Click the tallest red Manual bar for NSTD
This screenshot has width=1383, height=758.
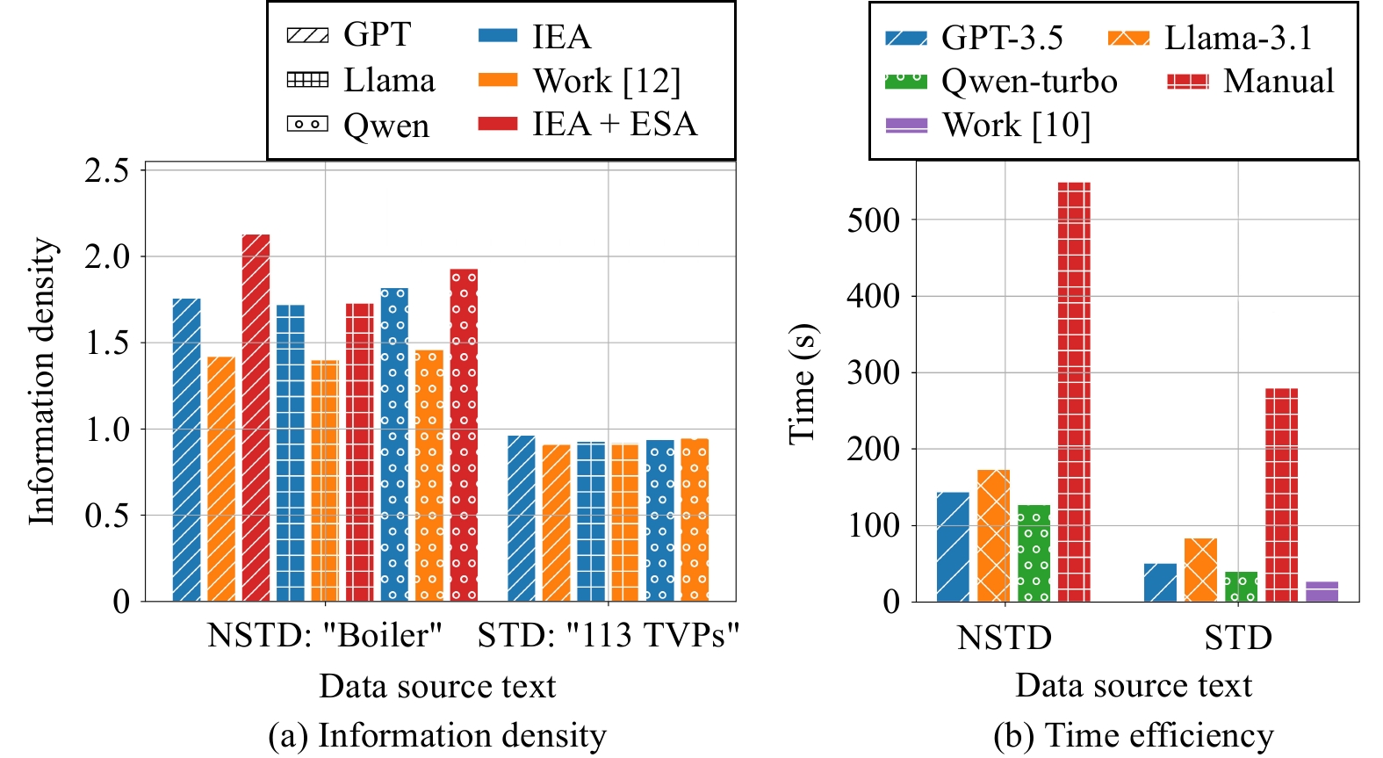1074,392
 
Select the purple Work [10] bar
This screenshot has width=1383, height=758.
1322,591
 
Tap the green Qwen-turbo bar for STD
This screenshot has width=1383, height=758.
1241,587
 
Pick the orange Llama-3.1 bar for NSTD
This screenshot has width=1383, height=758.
993,536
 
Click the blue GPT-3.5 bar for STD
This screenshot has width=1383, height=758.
1160,582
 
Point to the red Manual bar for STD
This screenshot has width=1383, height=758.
1281,495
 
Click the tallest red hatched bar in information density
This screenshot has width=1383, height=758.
256,418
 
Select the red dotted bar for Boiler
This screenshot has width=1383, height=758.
464,436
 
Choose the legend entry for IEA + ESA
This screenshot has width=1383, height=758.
587,124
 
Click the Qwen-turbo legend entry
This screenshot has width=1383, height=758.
1001,82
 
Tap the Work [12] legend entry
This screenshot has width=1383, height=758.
580,81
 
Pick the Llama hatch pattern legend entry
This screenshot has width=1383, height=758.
361,81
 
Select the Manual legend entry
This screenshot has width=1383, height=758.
1250,82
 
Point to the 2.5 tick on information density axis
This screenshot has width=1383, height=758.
107,170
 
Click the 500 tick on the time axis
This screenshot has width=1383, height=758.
873,220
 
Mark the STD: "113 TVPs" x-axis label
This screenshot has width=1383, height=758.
609,634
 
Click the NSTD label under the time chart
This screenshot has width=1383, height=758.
1005,638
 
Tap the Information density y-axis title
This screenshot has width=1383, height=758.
42,381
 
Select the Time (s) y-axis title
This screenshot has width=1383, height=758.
802,384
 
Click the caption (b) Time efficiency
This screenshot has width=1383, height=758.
1133,735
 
